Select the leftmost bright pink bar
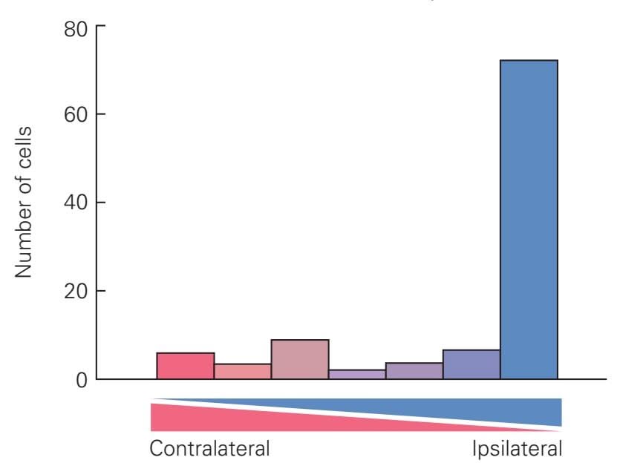tap(186, 366)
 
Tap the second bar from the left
tap(243, 371)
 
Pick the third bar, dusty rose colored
tap(300, 359)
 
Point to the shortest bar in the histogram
tap(357, 374)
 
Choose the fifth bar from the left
tap(414, 370)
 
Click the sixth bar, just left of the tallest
tap(471, 364)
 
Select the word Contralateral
tap(209, 449)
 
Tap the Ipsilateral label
tap(516, 449)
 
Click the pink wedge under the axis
tap(223, 419)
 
